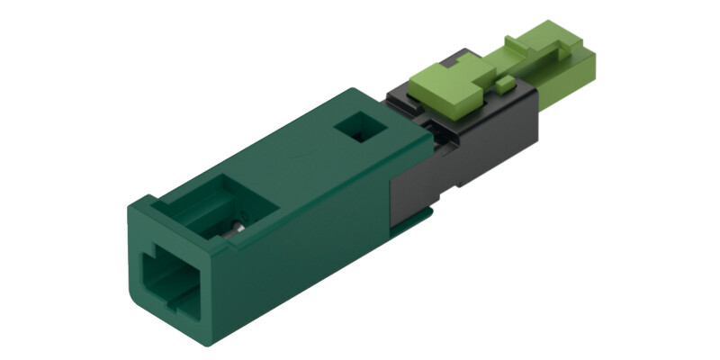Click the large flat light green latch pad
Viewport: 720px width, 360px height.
(446, 82)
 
